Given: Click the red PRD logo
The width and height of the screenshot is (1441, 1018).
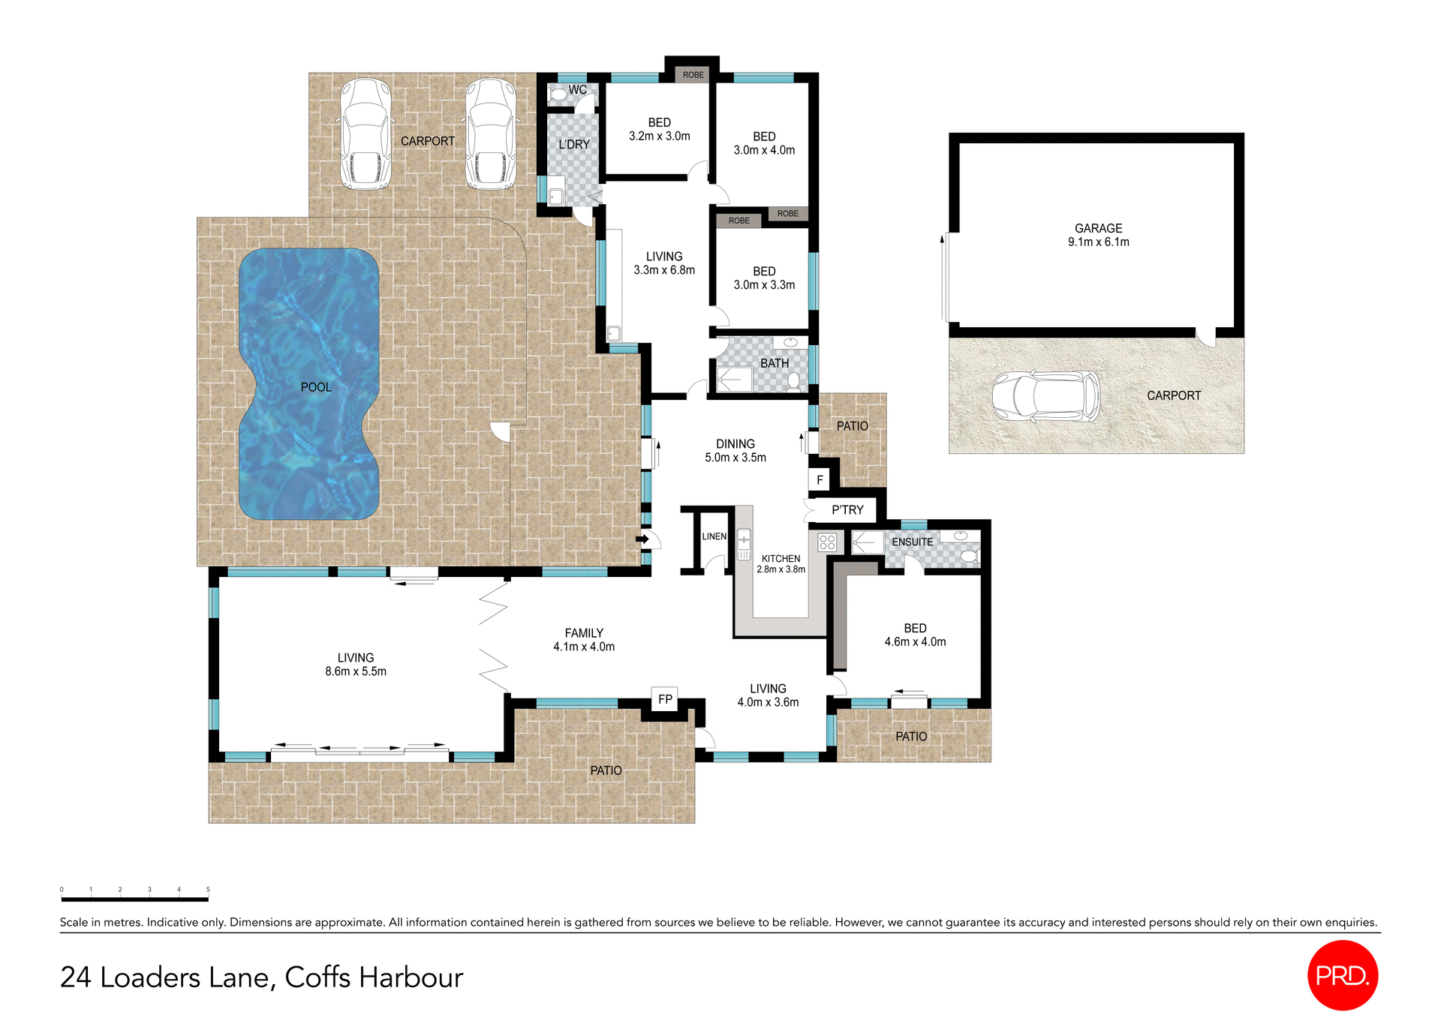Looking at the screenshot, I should tap(1342, 974).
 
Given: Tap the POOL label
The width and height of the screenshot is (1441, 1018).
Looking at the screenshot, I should tap(315, 387).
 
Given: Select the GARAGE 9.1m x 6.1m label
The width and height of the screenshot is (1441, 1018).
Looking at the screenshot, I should tap(1098, 235).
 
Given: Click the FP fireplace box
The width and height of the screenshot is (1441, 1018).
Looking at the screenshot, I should tap(665, 699).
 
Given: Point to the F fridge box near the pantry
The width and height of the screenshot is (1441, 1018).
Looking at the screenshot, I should tap(820, 479).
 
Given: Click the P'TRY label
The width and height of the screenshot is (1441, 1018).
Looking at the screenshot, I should tap(847, 509).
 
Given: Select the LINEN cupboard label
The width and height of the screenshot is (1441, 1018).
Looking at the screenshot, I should tap(714, 536).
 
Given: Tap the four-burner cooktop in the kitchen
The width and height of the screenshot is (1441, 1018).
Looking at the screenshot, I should tap(827, 542).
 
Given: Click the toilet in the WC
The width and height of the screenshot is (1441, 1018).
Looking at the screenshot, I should tap(558, 95).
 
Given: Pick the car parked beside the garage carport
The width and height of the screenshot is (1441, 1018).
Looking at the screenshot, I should tap(1045, 395).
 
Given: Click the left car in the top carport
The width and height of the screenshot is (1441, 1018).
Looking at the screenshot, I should tap(366, 134).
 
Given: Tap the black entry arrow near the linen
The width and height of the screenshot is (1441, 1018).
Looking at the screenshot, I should tap(642, 539).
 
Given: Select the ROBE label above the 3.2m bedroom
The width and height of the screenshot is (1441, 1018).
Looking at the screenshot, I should tap(693, 75).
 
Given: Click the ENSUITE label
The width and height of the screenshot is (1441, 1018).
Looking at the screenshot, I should tap(912, 542).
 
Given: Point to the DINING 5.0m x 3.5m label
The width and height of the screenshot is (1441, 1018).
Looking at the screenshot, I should tap(735, 451).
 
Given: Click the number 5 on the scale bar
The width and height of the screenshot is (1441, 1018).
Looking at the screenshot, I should tap(208, 890).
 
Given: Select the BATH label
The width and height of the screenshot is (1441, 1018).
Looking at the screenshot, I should tap(775, 363).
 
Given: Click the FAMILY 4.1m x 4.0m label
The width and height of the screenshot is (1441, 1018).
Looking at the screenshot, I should tap(583, 640).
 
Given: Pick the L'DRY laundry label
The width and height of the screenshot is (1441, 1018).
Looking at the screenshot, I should tap(574, 144).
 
